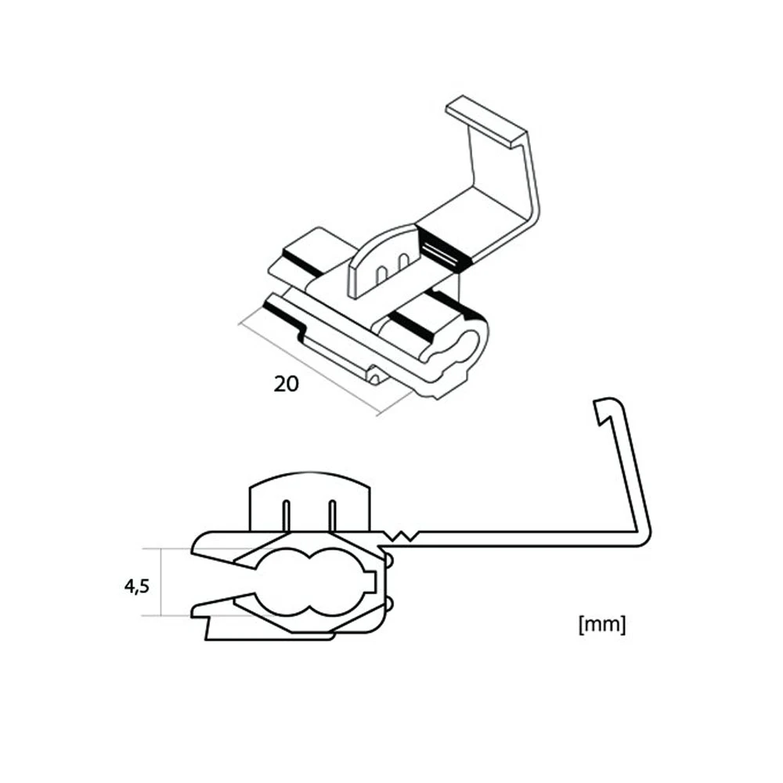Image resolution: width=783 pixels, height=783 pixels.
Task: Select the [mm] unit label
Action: pyautogui.click(x=601, y=624)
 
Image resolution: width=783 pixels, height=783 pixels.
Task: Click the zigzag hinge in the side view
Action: pyautogui.click(x=401, y=536)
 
